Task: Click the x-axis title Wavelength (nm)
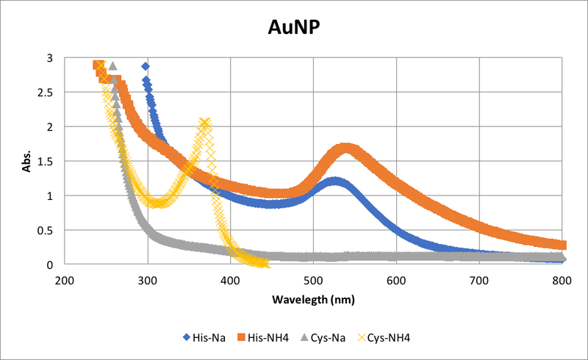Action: click(314, 300)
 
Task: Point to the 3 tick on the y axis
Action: click(50, 58)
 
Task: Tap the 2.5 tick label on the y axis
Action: click(46, 93)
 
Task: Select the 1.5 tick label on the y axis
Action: click(46, 162)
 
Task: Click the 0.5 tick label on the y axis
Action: click(46, 231)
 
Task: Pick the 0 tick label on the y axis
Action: click(50, 265)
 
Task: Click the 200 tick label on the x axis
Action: click(65, 280)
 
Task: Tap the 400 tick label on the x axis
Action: click(231, 280)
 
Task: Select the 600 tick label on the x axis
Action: click(396, 280)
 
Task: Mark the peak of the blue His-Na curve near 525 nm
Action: click(334, 181)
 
